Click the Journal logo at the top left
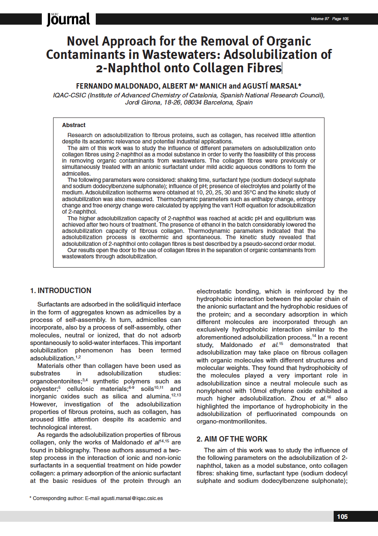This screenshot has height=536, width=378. (68, 19)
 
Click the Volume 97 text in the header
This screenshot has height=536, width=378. (320, 19)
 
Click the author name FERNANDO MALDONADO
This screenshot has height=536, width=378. (117, 86)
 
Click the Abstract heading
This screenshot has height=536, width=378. (74, 125)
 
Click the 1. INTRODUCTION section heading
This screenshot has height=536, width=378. (60, 291)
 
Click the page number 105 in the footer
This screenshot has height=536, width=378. (342, 517)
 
